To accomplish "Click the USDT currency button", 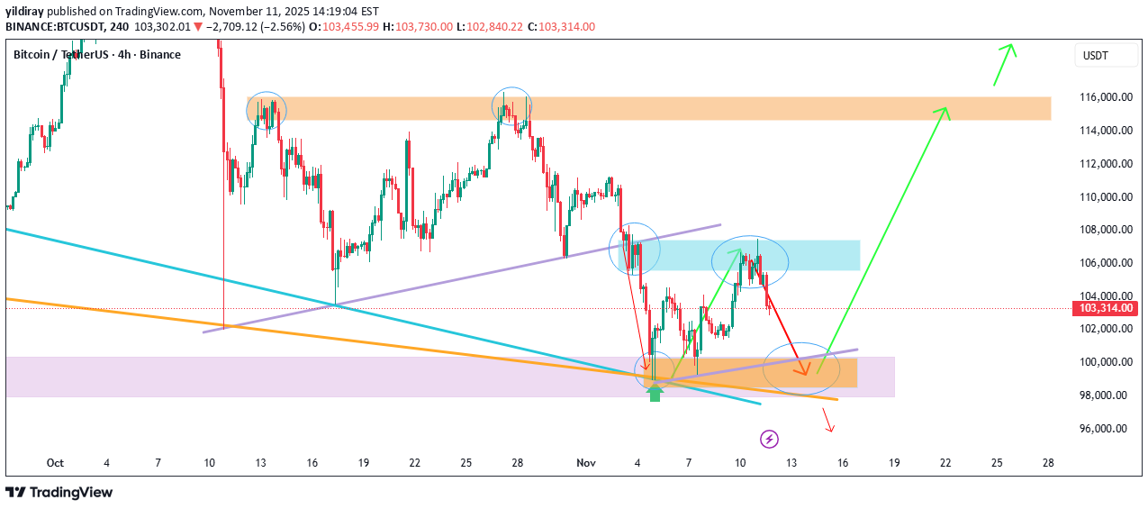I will tap(1096, 56).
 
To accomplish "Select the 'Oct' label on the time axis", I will tap(55, 463).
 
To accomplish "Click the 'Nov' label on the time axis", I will tap(586, 463).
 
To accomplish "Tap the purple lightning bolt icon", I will tap(770, 439).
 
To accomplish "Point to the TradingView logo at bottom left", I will tap(59, 492).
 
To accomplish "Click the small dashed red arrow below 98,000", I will tap(828, 421).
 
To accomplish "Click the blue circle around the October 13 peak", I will tap(267, 111).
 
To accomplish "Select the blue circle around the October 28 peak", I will tap(511, 107).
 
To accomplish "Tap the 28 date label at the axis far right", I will tap(1048, 463).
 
